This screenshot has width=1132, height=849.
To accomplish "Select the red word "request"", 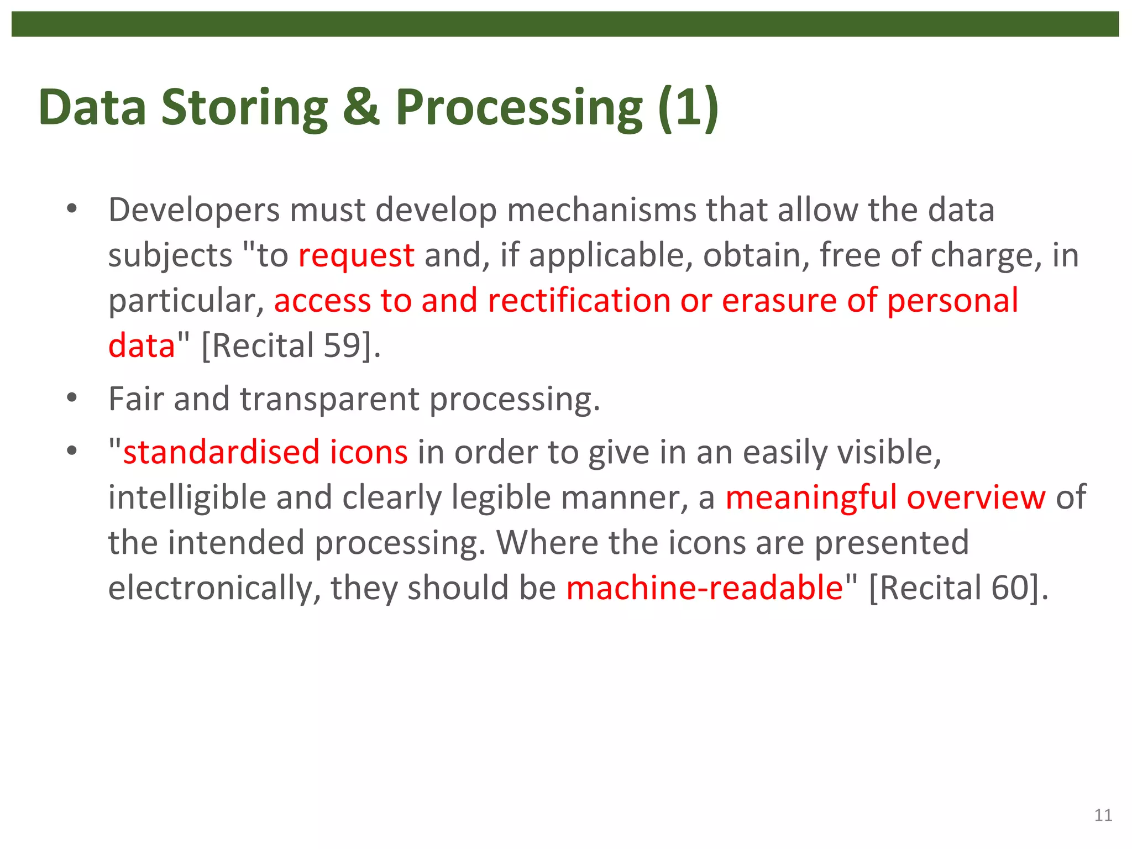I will click(x=356, y=256).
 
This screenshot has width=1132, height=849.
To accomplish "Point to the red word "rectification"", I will click(x=579, y=301).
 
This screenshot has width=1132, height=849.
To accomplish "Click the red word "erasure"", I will click(x=779, y=301).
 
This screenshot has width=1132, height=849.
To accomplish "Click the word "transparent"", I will click(x=329, y=400).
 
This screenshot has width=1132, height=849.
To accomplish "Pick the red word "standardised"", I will click(x=221, y=452).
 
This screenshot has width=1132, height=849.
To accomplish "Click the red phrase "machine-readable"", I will click(x=705, y=588).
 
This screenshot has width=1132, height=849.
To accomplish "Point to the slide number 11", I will click(x=1103, y=815).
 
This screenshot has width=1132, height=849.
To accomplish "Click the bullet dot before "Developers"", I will click(x=71, y=209).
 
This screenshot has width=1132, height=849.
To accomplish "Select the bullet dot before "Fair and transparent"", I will click(x=71, y=398).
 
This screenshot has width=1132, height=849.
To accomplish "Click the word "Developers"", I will click(x=193, y=211).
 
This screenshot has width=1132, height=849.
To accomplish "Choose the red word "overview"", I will click(x=976, y=497).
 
